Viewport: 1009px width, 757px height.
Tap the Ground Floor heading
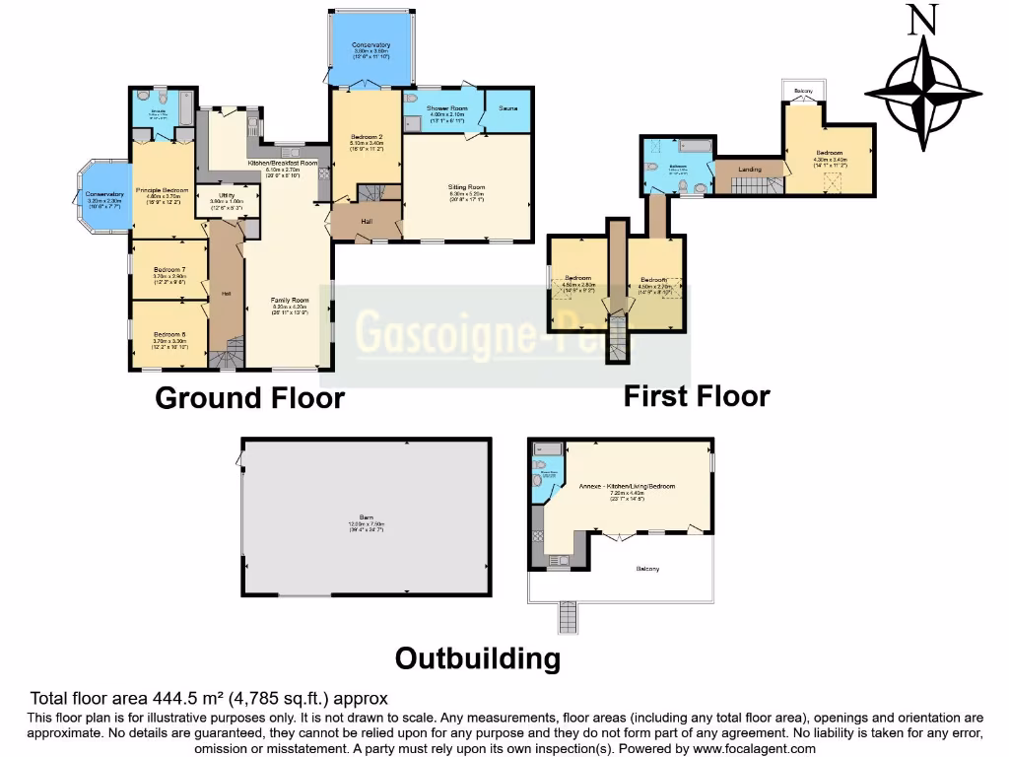point(249,398)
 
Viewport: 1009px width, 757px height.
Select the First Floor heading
point(696,396)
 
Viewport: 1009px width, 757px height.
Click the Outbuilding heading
point(477,657)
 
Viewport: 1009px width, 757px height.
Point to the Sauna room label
point(507,107)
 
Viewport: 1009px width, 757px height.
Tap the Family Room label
point(291,300)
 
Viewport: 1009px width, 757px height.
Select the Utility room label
point(227,197)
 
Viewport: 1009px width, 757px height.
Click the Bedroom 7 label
point(169,270)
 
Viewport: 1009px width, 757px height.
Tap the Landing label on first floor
point(750,170)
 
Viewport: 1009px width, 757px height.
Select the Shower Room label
point(446,107)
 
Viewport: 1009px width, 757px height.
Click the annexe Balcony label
point(647,569)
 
